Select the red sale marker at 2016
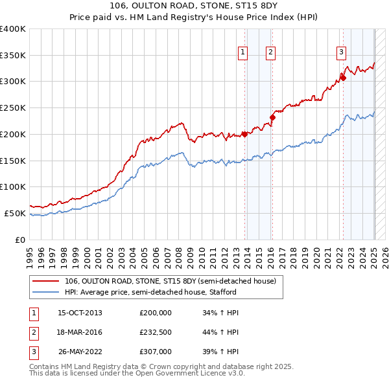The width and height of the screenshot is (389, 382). coord(273,117)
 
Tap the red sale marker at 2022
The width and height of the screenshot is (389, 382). coord(344,78)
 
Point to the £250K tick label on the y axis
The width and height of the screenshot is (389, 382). coord(13,107)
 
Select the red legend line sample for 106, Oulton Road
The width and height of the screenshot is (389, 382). coord(47,281)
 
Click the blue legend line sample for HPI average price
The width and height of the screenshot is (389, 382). coord(47,291)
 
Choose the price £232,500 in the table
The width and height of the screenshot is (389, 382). coord(156,332)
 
